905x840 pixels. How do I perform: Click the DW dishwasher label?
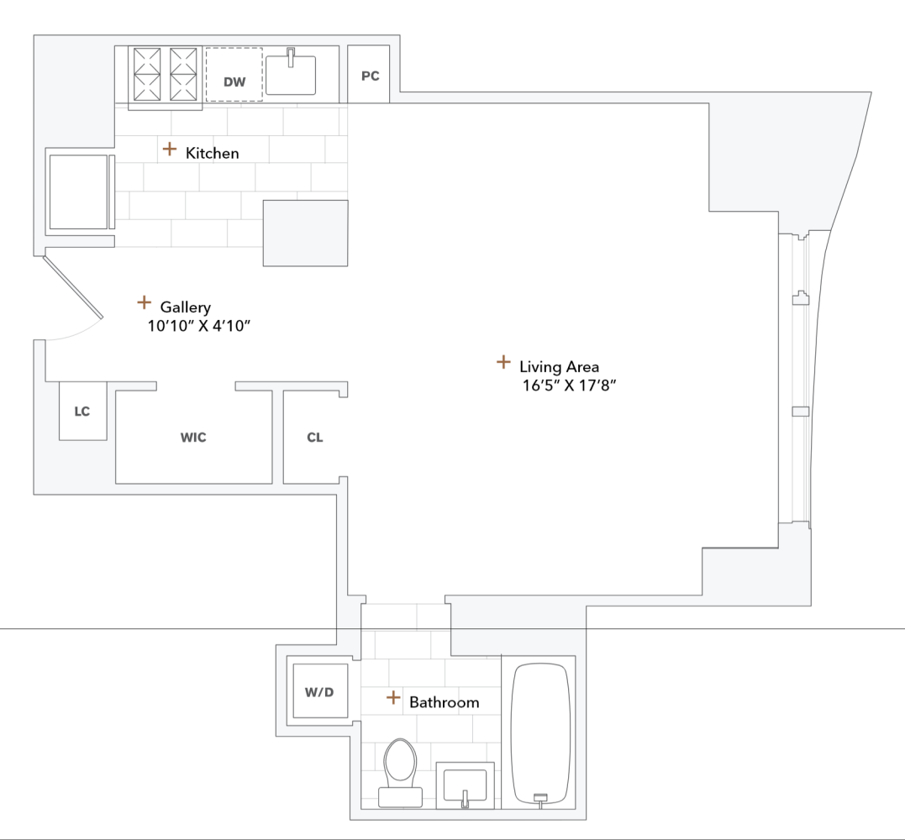(x=234, y=81)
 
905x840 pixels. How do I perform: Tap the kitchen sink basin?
(x=291, y=76)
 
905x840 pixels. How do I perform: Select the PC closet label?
(x=370, y=76)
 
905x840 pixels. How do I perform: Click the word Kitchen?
(x=212, y=153)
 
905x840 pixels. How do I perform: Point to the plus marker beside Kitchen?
(x=170, y=149)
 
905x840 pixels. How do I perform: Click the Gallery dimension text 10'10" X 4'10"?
(x=199, y=326)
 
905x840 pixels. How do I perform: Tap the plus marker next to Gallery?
(x=144, y=302)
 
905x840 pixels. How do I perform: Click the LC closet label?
(x=82, y=412)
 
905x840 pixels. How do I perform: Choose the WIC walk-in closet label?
(x=193, y=438)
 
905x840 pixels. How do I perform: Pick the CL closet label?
(x=314, y=438)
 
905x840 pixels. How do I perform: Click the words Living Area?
(x=559, y=366)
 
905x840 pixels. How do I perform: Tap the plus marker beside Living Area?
(x=502, y=362)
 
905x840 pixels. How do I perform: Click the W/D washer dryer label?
(x=319, y=692)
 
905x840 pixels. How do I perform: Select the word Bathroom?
(x=444, y=702)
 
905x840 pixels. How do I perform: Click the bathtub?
(x=541, y=731)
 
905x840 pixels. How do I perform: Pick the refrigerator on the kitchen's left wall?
(x=79, y=192)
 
